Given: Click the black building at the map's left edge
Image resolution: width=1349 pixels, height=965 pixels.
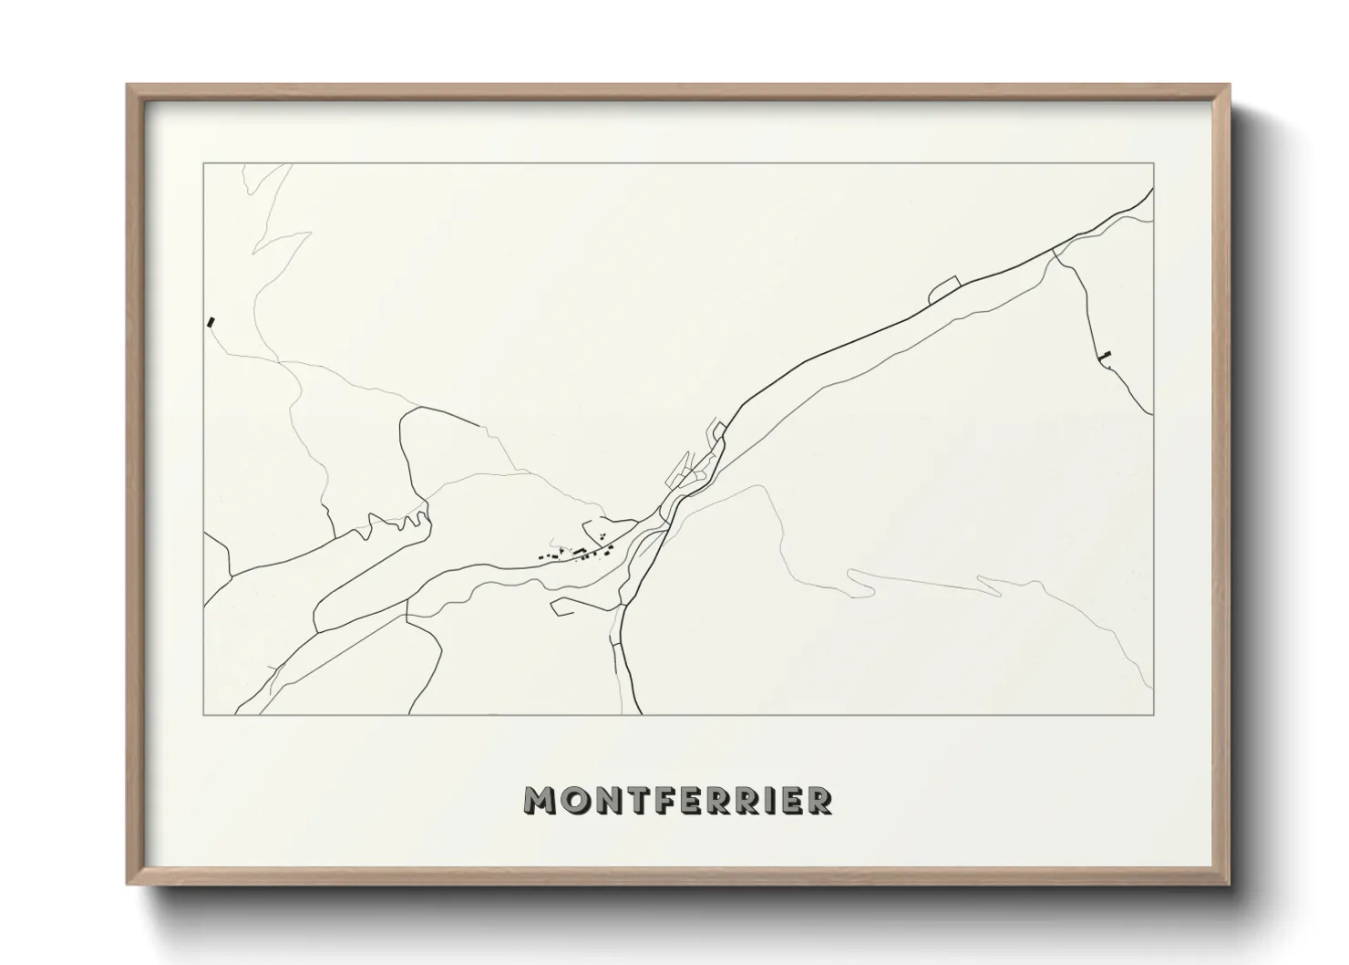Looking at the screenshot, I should pos(212,321).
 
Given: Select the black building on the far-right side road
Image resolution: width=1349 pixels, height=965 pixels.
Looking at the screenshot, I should pos(1107,354).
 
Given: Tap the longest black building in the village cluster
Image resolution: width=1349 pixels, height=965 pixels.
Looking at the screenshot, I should pos(578,549).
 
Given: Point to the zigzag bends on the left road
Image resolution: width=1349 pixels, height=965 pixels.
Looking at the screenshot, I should pos(396,524).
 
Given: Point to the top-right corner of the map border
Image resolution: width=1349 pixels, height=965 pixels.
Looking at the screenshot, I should pos(1153,163).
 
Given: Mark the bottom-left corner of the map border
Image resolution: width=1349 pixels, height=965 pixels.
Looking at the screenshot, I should pos(204,714).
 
